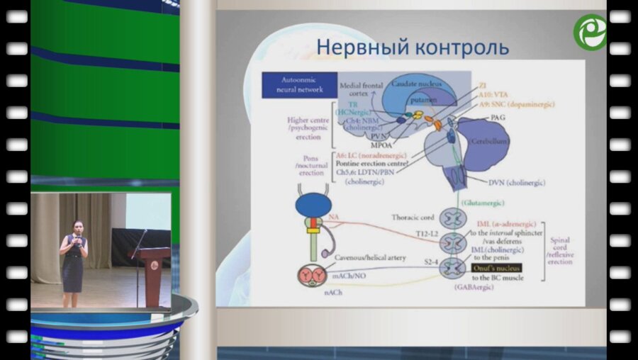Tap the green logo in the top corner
point(590,32)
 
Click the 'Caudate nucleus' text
point(417,84)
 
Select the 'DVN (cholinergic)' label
point(517,183)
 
